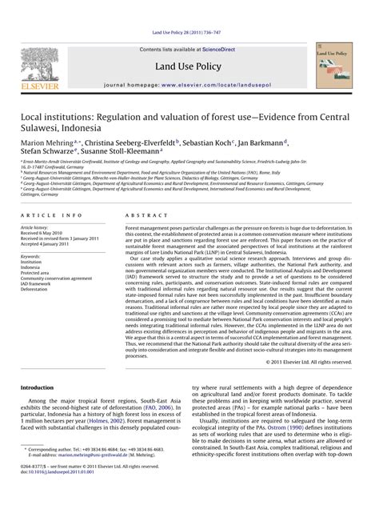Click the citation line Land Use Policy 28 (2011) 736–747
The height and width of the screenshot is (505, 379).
pos(189,33)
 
